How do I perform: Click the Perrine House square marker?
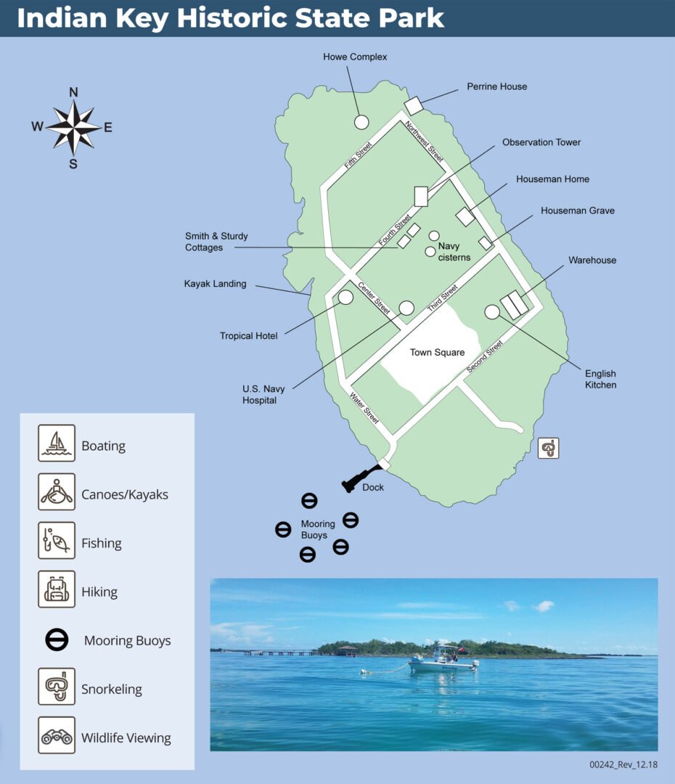pos(414,105)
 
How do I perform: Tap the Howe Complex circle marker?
pos(361,122)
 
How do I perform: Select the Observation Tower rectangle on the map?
pos(421,196)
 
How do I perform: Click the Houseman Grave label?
pos(577,211)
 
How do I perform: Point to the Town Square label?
pos(437,353)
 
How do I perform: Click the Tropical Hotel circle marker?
pos(345,297)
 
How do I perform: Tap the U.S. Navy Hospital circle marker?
pos(406,308)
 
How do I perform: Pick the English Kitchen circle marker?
pos(492,311)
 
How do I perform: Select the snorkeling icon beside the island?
pos(549,449)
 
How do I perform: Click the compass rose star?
pos(73,127)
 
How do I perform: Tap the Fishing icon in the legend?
pos(57,541)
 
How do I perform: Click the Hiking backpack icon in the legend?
pos(57,589)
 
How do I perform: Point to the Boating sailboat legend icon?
pos(57,444)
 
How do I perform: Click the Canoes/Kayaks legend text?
pos(124,495)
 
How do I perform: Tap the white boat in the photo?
pos(442,661)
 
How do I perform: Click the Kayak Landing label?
pos(215,284)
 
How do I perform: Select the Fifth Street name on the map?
pos(359,154)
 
